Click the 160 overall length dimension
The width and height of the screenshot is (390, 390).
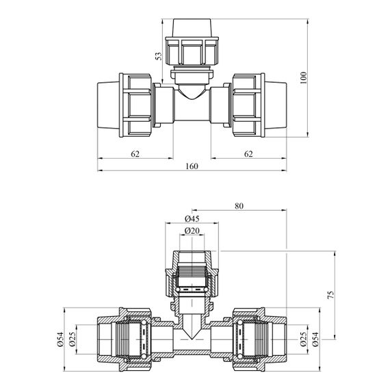click(192, 166)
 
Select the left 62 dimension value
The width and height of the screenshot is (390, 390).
click(135, 154)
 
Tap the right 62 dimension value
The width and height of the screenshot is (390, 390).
click(248, 154)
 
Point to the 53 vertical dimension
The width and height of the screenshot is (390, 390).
click(159, 56)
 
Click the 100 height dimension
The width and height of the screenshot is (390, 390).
click(303, 77)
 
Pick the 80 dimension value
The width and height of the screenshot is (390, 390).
click(239, 206)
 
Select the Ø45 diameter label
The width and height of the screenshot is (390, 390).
click(192, 219)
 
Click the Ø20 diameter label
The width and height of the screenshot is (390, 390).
click(192, 231)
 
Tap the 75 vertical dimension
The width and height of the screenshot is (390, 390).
click(330, 295)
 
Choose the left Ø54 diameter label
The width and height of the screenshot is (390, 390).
click(60, 339)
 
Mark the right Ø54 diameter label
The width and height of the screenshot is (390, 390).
click(315, 339)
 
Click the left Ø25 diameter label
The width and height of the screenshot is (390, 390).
click(72, 339)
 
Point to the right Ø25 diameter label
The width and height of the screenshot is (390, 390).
click(303, 339)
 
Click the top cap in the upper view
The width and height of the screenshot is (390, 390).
click(192, 28)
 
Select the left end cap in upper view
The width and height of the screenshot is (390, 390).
click(108, 105)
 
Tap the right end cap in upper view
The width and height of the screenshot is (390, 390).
click(276, 105)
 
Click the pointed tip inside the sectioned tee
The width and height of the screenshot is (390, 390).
click(192, 339)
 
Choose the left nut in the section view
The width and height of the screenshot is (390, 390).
click(135, 339)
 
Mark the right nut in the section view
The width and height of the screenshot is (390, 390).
click(249, 339)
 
